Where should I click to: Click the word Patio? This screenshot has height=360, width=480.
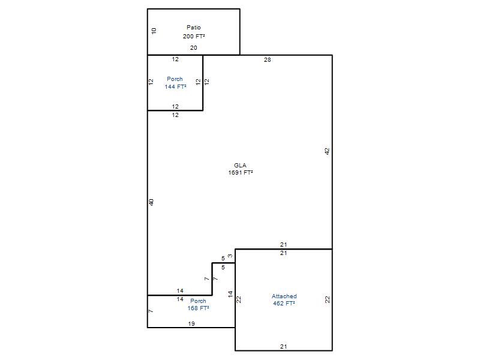click(x=194, y=28)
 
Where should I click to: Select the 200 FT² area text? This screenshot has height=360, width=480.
click(x=194, y=37)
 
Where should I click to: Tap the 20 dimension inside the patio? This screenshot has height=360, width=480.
click(x=193, y=48)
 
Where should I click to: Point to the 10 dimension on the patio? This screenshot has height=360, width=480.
click(x=154, y=31)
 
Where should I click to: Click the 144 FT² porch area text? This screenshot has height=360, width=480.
click(x=175, y=87)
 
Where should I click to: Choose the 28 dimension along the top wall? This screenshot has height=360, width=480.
click(x=267, y=60)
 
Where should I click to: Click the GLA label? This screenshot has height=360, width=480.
click(x=241, y=166)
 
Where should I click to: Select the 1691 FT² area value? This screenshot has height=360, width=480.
click(x=241, y=173)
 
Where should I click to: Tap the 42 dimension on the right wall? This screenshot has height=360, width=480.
click(x=327, y=151)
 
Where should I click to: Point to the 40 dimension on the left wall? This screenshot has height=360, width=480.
click(x=151, y=202)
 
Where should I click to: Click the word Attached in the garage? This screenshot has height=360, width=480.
click(x=284, y=296)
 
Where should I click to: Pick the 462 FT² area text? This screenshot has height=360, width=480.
click(x=284, y=304)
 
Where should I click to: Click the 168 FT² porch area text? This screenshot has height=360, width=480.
click(x=199, y=308)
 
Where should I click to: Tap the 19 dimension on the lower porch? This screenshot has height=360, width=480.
click(x=191, y=324)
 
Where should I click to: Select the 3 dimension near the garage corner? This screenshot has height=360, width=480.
click(x=230, y=256)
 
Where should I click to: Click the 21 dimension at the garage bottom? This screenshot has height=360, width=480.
click(x=283, y=347)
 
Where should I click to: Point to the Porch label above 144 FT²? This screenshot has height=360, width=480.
click(x=175, y=79)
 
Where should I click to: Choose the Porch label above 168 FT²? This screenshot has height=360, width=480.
click(x=199, y=301)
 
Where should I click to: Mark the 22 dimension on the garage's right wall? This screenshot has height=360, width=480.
click(x=328, y=299)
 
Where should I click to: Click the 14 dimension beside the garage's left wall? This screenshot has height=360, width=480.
click(x=230, y=294)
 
